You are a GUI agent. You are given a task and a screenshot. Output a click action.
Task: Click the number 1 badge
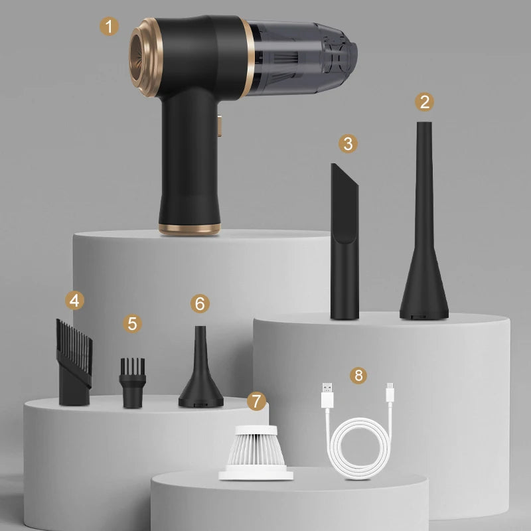[110, 27]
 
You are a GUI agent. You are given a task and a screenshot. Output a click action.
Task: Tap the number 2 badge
[425, 102]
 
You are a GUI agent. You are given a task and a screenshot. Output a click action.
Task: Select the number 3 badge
[347, 143]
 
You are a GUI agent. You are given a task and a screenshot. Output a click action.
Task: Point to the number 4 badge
[75, 300]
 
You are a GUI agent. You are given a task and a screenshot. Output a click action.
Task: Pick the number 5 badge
[133, 323]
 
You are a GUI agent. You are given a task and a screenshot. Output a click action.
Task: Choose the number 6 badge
[200, 303]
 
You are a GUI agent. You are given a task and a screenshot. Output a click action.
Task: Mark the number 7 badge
[256, 401]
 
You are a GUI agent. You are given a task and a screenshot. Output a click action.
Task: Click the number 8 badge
[359, 376]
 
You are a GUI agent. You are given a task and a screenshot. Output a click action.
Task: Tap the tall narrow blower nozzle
[423, 232]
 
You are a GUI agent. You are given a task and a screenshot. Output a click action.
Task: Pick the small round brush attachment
[132, 383]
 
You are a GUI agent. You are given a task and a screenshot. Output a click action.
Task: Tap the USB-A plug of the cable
[325, 397]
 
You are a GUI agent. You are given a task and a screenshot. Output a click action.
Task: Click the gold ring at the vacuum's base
[189, 229]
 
